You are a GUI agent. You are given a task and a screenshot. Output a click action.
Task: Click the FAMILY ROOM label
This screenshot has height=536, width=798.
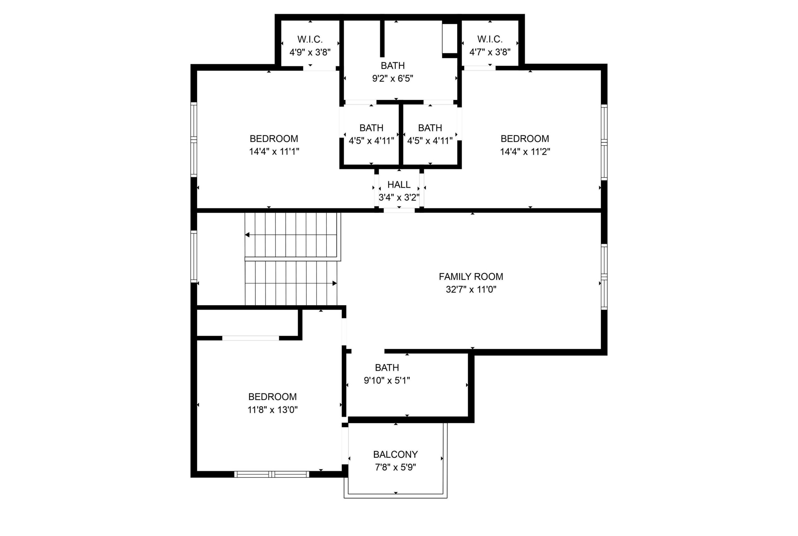tap(471, 277)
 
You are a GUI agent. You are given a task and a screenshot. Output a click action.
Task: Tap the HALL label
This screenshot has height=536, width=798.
tap(399, 185)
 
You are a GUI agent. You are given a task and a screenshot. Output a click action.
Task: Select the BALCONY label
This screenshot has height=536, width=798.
tap(395, 454)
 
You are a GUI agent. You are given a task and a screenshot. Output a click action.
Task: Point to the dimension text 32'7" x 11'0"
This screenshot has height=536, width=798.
tap(471, 290)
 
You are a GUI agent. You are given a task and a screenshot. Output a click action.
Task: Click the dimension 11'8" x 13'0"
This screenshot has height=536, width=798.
tap(272, 409)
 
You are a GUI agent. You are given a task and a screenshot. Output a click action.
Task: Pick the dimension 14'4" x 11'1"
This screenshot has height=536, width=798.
tap(274, 152)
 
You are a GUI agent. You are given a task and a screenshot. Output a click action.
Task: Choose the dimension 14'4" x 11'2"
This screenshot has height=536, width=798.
tap(525, 152)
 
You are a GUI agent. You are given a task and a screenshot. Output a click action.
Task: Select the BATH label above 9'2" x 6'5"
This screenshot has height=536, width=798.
tap(393, 65)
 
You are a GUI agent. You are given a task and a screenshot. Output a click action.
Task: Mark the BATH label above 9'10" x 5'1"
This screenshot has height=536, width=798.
tap(387, 368)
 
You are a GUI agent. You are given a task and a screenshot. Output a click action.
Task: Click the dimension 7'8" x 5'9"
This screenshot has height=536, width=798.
tap(395, 467)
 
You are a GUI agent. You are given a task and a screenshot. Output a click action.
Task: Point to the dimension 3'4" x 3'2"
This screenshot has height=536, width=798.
tap(399, 198)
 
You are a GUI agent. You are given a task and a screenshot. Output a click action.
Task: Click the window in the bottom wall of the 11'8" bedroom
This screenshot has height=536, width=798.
tap(272, 474)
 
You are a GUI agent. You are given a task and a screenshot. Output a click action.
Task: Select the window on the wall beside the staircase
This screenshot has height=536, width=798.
tap(194, 256)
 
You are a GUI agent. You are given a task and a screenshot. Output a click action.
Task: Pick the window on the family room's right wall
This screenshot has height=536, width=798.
tap(604, 277)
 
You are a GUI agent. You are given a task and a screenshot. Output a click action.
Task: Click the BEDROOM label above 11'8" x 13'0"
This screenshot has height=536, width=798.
tap(272, 397)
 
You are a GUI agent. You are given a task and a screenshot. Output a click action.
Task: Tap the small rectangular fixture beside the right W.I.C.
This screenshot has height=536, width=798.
tap(450, 38)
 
